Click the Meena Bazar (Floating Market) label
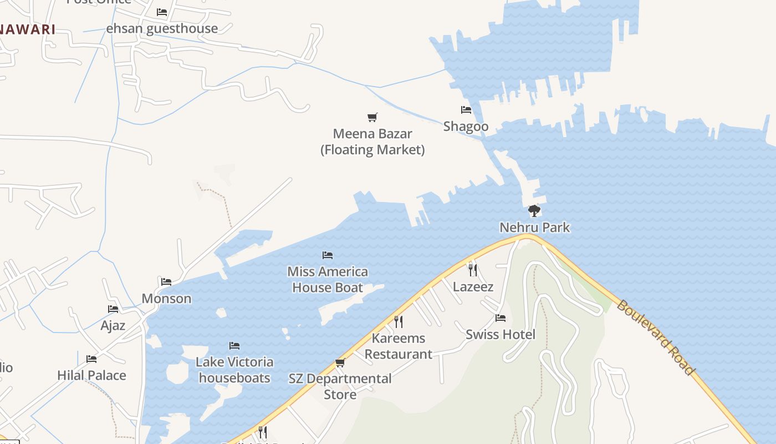coord(372,142)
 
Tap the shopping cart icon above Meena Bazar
coord(372,117)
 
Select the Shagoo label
coord(466,127)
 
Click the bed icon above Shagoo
coord(466,110)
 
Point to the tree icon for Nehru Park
coord(534,211)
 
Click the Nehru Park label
coord(534,228)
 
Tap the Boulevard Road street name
coord(656,337)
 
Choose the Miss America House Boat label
coord(328,280)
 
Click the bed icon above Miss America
coord(328,255)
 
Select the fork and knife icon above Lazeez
coord(473,270)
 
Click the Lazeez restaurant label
coord(473,287)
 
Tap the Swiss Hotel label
coord(501,335)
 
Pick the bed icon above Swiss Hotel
coord(501,318)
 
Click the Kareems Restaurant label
coord(399,346)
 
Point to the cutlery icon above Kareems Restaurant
coord(398,321)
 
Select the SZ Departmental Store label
coord(340,386)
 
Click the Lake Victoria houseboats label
coord(234,370)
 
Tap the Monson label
coord(166,299)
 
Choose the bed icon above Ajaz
coord(113,309)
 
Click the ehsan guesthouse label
coord(162,28)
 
